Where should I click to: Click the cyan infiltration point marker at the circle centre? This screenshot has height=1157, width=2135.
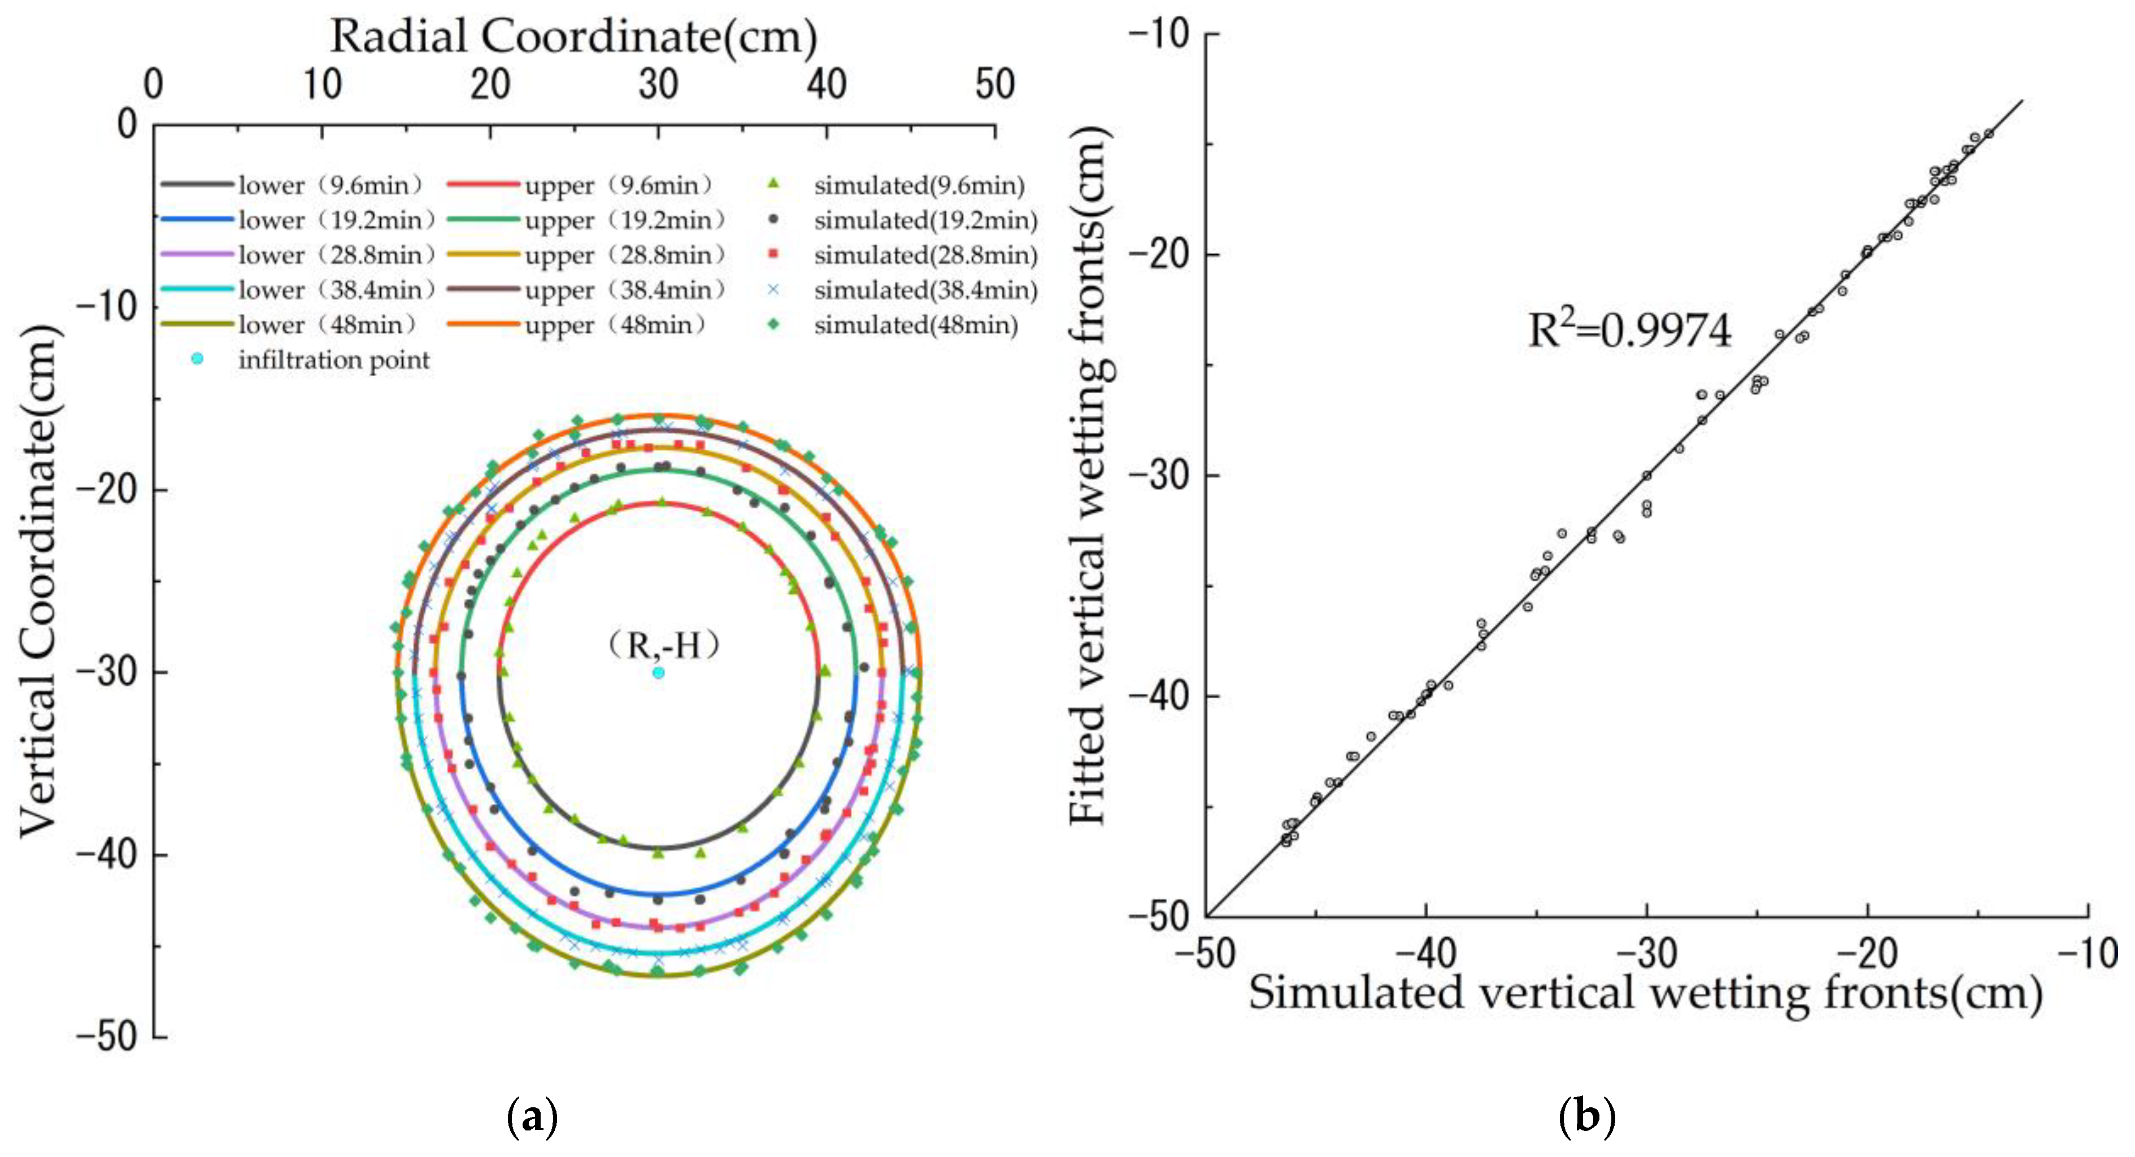point(658,672)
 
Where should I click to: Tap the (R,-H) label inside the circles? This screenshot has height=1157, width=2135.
point(663,644)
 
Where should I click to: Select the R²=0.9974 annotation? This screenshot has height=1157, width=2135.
point(1629,330)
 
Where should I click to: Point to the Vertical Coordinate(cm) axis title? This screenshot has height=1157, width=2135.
point(39,580)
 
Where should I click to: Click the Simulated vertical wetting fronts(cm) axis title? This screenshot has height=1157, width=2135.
point(1645,991)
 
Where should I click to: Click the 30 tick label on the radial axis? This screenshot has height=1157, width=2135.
point(658,85)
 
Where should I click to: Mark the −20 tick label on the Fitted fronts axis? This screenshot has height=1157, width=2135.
point(1160,254)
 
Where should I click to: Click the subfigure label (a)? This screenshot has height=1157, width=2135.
point(531,1117)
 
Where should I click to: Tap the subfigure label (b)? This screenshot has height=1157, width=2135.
point(1586,1117)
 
